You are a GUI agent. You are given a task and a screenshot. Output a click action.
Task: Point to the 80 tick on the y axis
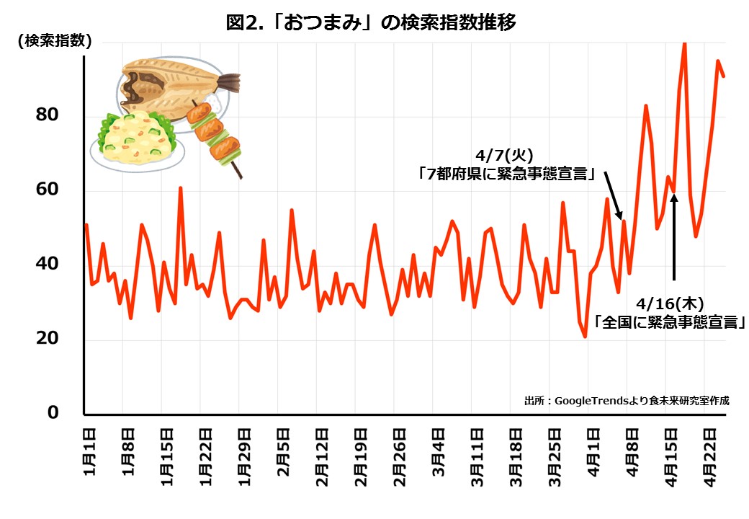(48, 115)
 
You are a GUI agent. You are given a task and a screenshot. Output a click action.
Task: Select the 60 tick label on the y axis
(48, 190)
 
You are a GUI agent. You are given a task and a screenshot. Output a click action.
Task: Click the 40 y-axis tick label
(48, 265)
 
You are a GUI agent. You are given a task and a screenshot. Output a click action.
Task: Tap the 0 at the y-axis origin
(53, 413)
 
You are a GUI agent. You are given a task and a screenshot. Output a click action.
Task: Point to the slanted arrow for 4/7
(613, 195)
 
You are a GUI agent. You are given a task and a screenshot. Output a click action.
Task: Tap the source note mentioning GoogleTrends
(627, 401)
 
